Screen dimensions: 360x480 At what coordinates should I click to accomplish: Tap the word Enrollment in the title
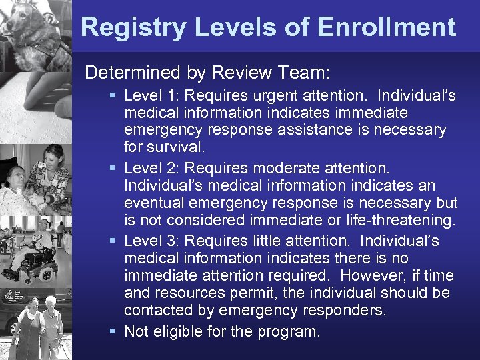(387, 27)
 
